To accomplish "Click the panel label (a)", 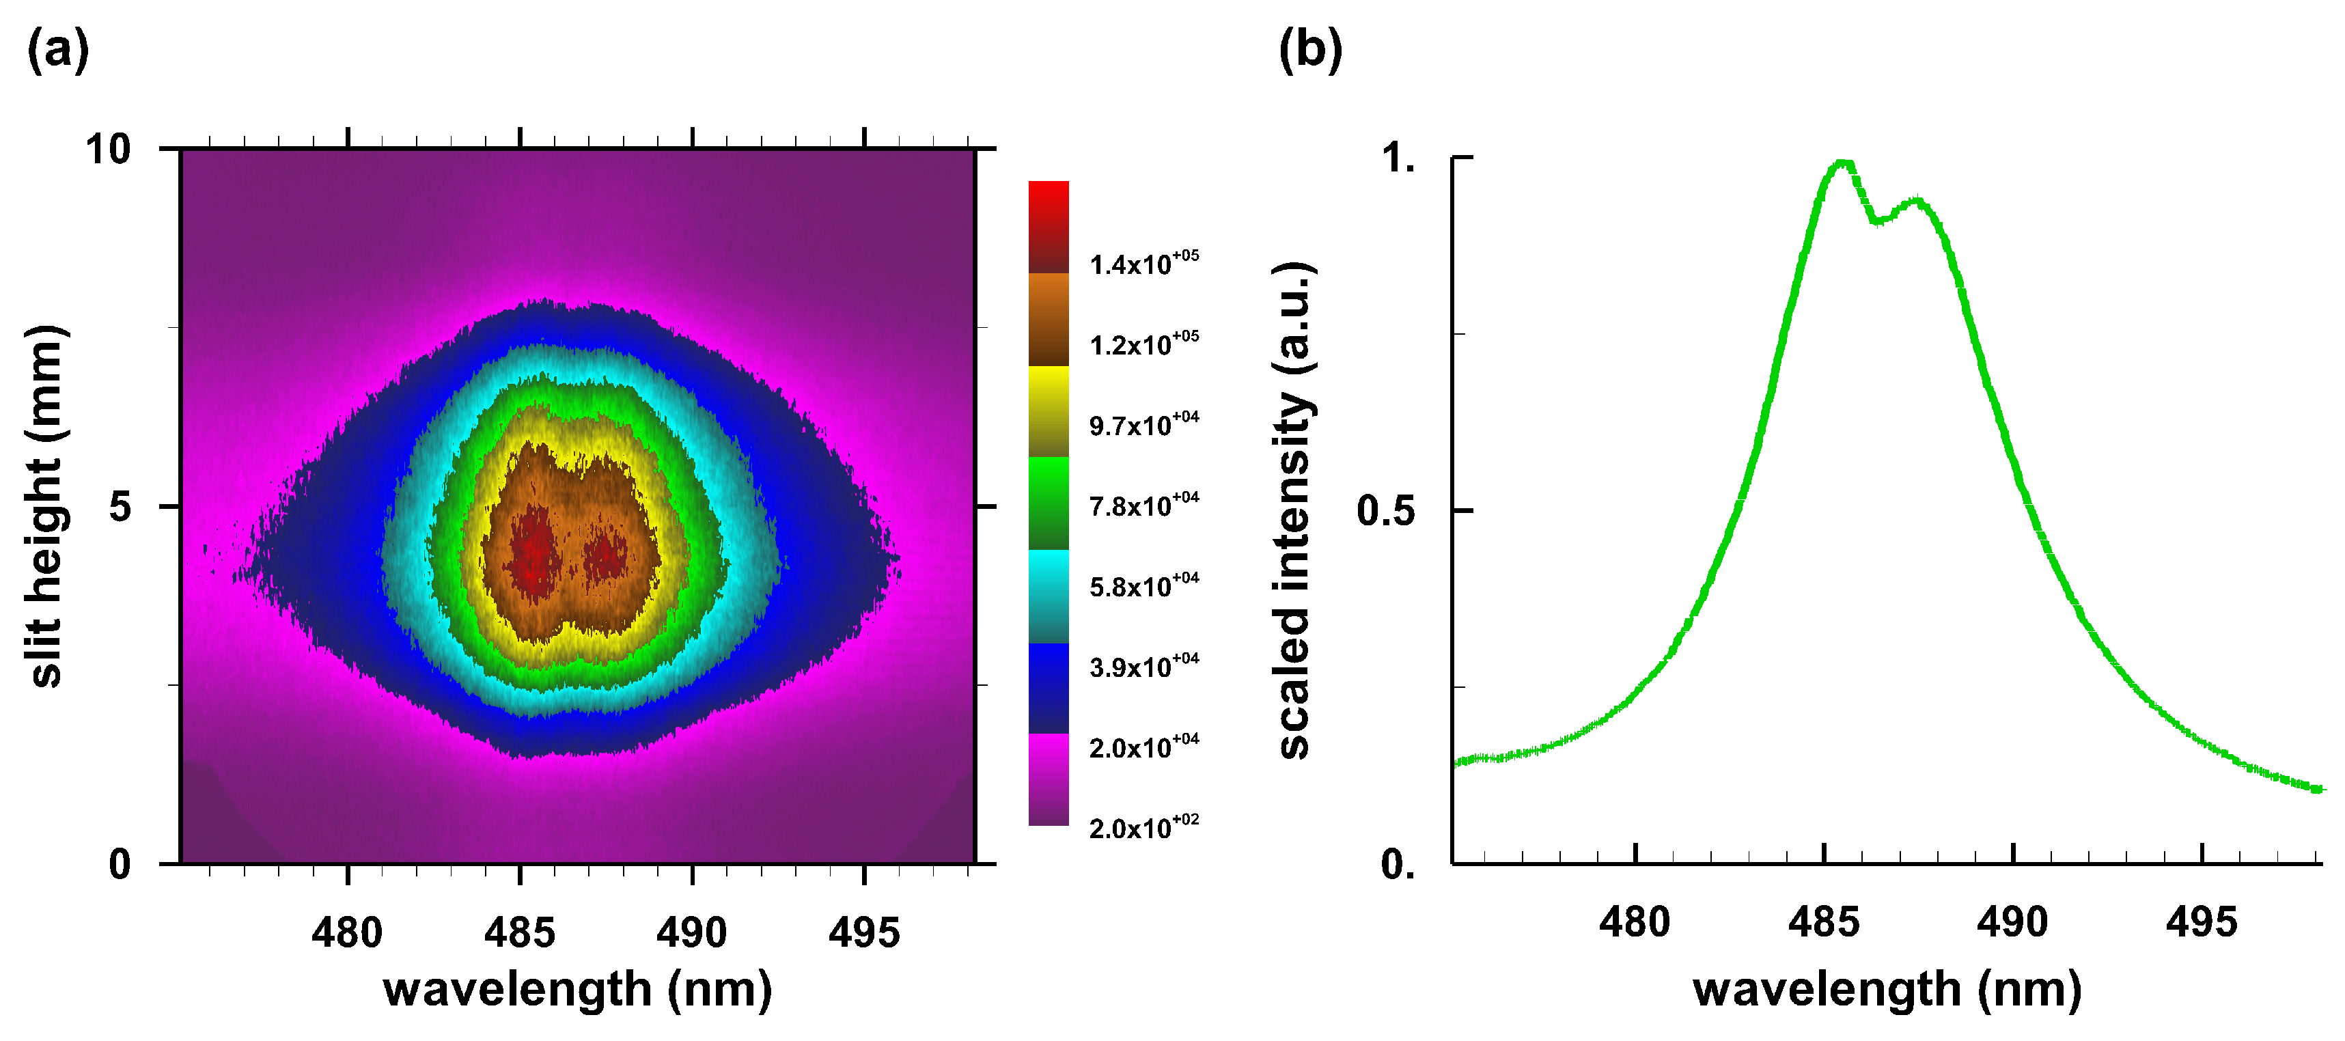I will [x=57, y=50].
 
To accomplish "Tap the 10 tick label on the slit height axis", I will [x=109, y=149].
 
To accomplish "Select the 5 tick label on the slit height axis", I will [x=120, y=507].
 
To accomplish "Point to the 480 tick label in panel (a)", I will [x=347, y=932].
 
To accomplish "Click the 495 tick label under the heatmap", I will [x=863, y=932].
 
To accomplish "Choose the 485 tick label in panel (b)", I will [x=1823, y=923].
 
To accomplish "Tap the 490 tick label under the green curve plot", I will [x=2012, y=923].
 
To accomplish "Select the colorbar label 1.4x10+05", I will [x=1143, y=263].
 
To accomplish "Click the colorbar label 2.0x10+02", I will [x=1143, y=827].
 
